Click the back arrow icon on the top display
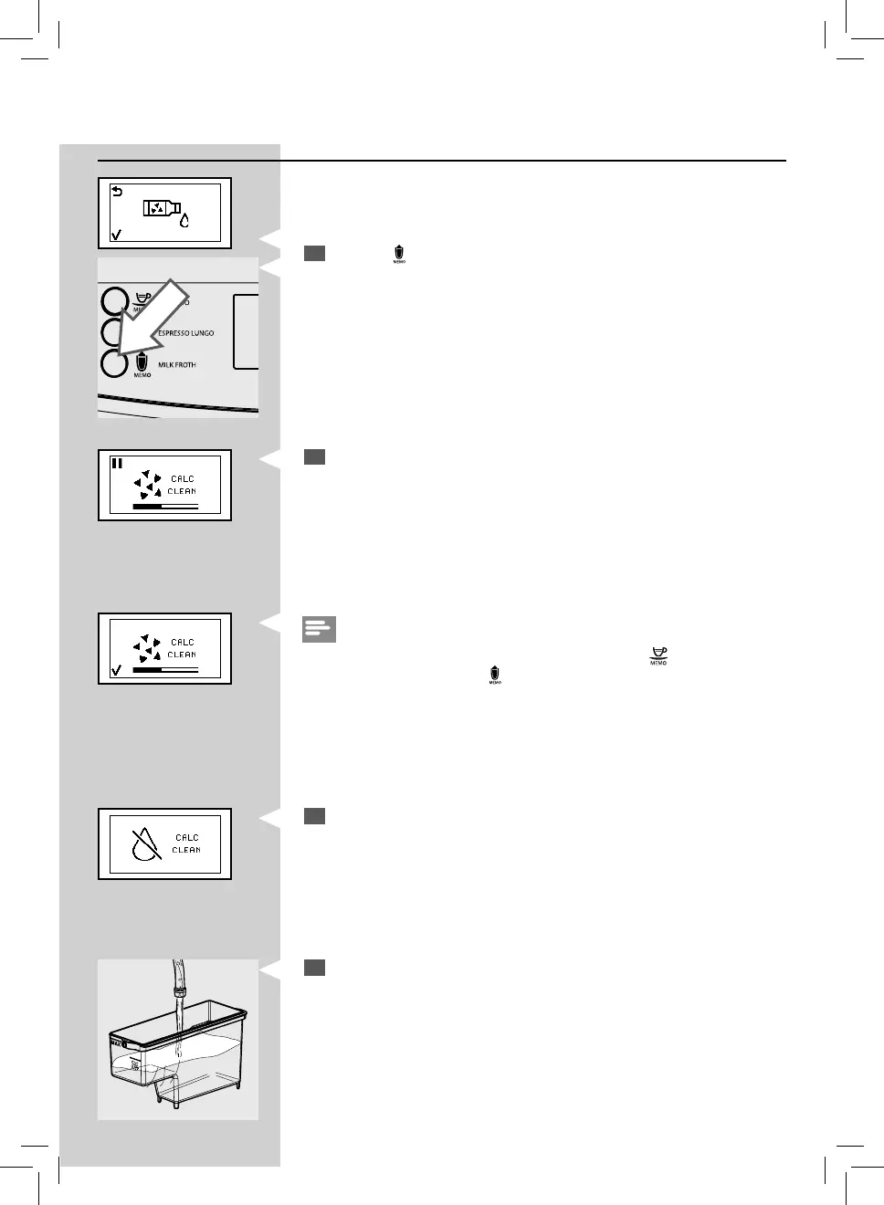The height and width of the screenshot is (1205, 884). point(117,191)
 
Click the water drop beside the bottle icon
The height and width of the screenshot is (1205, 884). point(184,220)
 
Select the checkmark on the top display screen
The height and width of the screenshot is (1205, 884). point(116,235)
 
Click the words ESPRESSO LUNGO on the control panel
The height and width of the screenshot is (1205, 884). point(186,333)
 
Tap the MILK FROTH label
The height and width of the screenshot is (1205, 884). point(177,365)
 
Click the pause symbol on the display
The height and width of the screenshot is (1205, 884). point(117,463)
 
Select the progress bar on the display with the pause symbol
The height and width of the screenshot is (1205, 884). point(165,505)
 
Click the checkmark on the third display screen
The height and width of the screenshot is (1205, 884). point(116,671)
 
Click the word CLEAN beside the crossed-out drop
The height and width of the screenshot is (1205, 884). point(186,850)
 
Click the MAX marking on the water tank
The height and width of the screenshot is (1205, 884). point(117,1042)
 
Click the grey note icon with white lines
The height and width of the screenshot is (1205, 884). point(319,629)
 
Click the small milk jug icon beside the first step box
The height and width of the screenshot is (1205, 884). point(399,254)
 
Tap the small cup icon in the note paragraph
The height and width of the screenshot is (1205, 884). point(658,655)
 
